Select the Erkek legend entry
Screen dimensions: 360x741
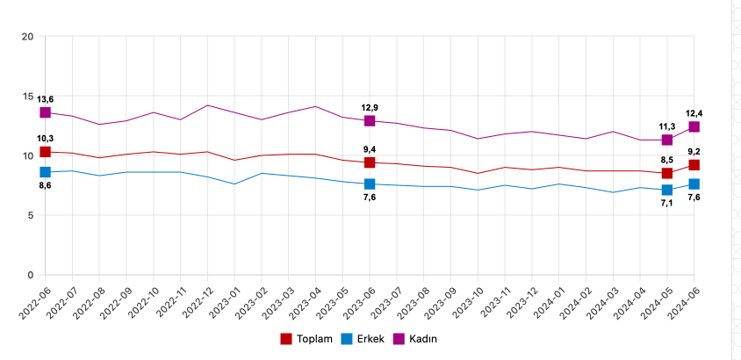pyautogui.click(x=368, y=339)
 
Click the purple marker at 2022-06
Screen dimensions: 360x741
pyautogui.click(x=45, y=113)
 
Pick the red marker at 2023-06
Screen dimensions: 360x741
pyautogui.click(x=370, y=162)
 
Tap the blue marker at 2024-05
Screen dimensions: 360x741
pyautogui.click(x=667, y=190)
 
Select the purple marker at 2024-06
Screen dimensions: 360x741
pyautogui.click(x=694, y=127)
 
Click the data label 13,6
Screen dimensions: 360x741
pyautogui.click(x=45, y=99)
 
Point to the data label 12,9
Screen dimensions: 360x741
pyautogui.click(x=370, y=106)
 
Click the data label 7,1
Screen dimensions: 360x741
pyautogui.click(x=667, y=204)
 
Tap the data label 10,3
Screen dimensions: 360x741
pyautogui.click(x=45, y=138)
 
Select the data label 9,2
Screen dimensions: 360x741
pyautogui.click(x=694, y=151)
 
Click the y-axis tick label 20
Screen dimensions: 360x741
pyautogui.click(x=27, y=36)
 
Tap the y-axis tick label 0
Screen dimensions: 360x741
pyautogui.click(x=30, y=275)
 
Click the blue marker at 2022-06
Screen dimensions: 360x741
pyautogui.click(x=45, y=172)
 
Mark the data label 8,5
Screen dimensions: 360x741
pyautogui.click(x=667, y=160)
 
